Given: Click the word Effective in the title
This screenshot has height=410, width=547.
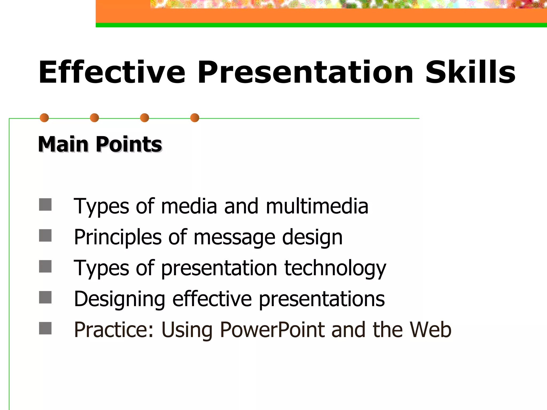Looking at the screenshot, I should pos(112,72).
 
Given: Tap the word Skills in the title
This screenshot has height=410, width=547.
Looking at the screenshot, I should pos(470,72).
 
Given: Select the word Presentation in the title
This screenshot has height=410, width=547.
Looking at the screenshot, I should pos(305,72).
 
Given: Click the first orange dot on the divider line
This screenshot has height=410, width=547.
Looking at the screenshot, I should pos(44,118).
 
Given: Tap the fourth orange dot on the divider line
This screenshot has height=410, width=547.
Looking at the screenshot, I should pos(195,118).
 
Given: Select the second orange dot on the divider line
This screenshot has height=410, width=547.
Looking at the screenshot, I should pos(95,118).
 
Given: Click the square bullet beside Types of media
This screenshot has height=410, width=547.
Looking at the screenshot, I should pos(45,204).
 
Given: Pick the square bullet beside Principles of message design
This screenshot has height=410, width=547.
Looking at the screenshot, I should pos(45,235).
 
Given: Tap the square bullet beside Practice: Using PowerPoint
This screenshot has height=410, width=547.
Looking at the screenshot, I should pos(45,328).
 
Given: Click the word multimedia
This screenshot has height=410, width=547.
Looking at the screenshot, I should pos(317,206).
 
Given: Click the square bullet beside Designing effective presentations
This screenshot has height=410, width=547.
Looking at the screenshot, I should pos(45,297).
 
